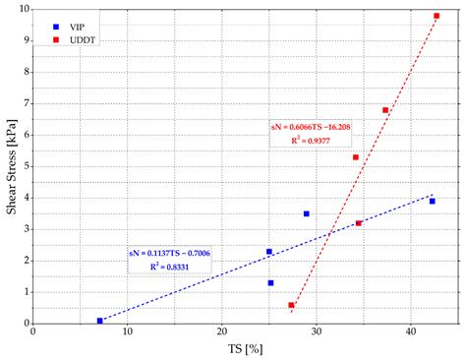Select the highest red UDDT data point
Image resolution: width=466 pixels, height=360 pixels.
pos(437,16)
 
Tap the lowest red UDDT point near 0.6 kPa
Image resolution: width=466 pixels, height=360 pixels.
pos(291,305)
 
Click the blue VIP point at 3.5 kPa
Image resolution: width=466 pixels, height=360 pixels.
pos(307,213)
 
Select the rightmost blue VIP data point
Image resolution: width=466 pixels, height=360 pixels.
pos(432,201)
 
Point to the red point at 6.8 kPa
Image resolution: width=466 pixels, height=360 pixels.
pos(385,110)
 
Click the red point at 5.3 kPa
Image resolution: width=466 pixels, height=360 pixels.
pos(356,157)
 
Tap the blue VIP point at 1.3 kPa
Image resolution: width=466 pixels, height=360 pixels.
pos(271,282)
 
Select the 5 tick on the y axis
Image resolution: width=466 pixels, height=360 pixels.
pos(27,166)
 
